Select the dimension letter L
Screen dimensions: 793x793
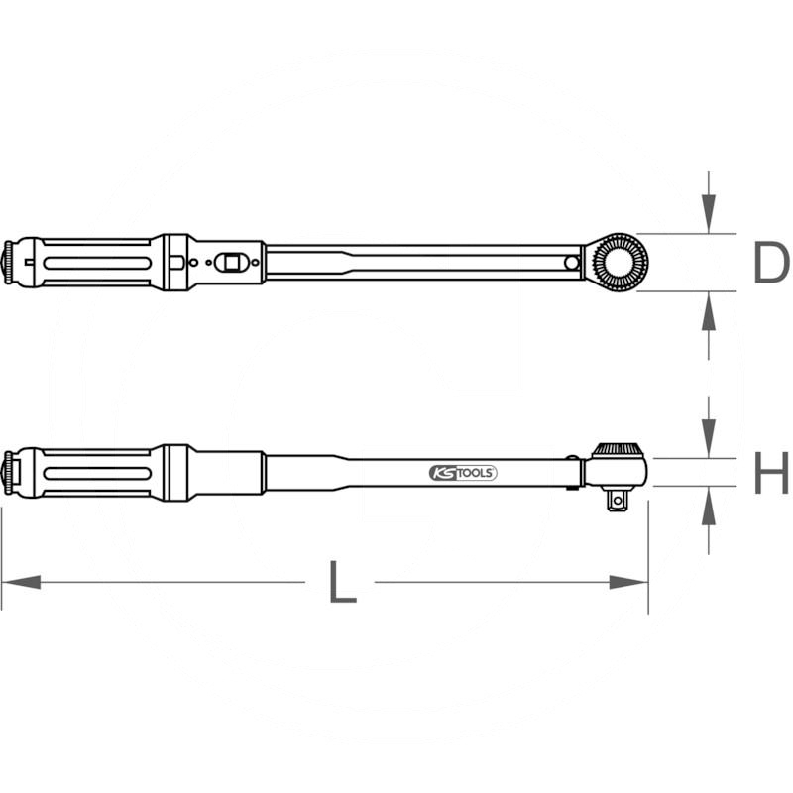tap(341, 583)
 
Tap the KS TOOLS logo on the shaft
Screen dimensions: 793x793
tap(463, 473)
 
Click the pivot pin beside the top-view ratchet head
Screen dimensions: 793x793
tap(572, 263)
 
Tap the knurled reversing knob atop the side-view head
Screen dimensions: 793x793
tap(619, 450)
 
